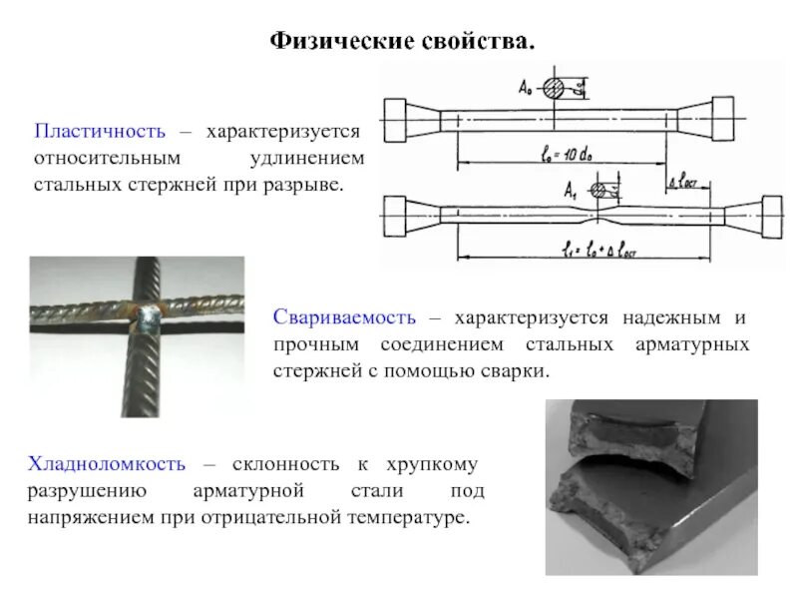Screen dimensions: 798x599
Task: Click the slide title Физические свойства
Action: pos(404,42)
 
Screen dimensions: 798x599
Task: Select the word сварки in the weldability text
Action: pos(518,370)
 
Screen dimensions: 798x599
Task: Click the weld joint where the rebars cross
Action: pos(149,320)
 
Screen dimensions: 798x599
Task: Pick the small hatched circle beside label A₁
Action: pos(598,188)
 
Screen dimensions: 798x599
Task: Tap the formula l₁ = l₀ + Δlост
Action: pos(598,250)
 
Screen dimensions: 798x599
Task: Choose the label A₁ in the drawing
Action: pos(571,188)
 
